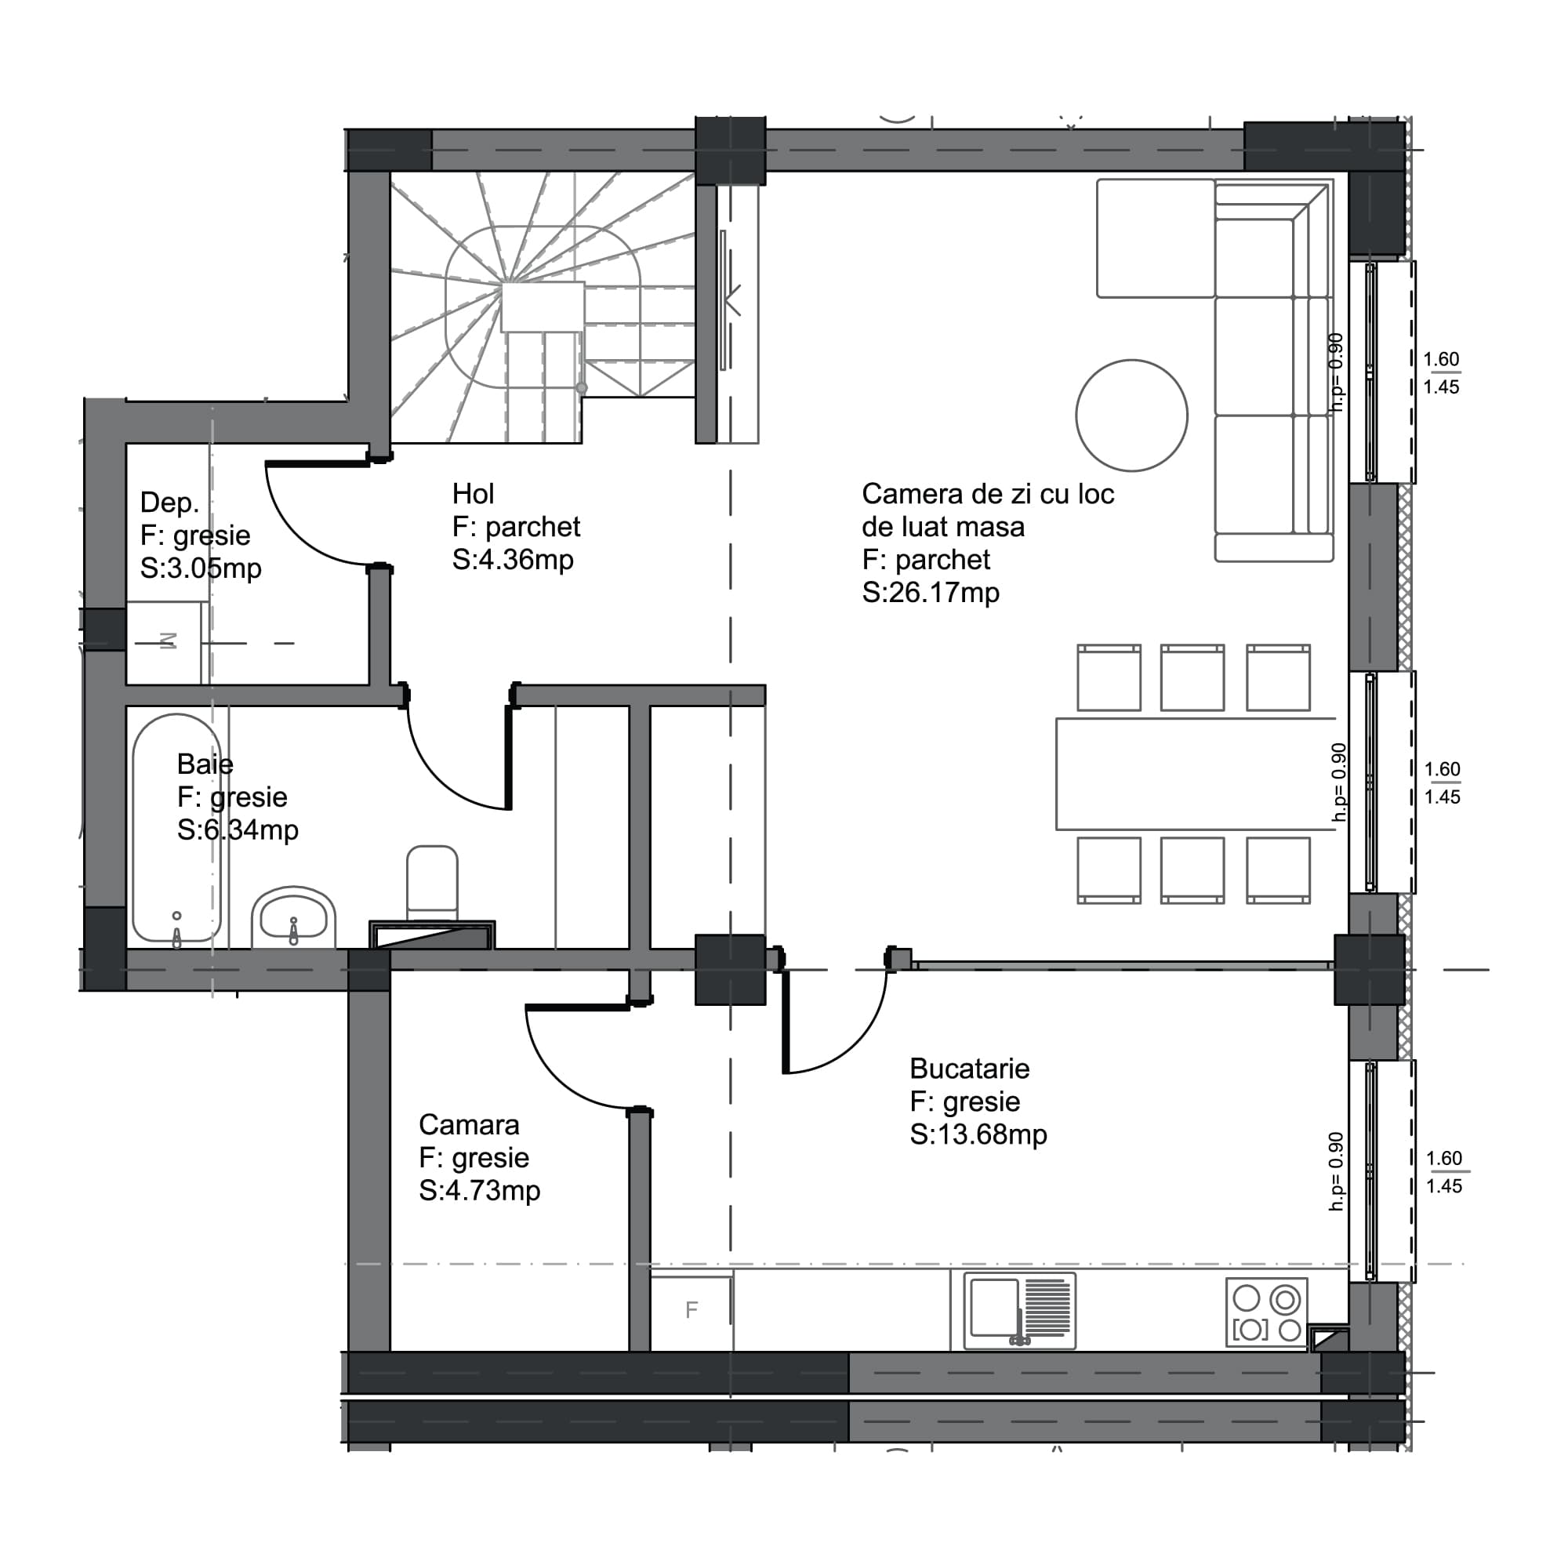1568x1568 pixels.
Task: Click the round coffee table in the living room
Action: click(1131, 416)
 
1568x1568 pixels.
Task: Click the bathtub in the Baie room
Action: click(177, 828)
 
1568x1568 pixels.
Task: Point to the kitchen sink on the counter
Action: click(1018, 1311)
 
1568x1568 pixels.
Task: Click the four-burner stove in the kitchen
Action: click(1266, 1312)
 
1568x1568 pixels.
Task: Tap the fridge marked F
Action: click(691, 1310)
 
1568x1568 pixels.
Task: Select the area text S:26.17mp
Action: click(930, 593)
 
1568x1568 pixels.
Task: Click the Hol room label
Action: click(474, 493)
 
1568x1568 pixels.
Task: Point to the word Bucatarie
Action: click(969, 1068)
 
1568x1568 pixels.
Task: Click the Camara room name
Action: click(468, 1124)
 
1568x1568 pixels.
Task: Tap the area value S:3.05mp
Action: click(201, 568)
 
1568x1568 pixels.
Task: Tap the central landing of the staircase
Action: click(543, 307)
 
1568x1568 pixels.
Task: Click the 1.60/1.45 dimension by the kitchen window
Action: click(1444, 1172)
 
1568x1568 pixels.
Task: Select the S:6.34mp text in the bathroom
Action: click(238, 830)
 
